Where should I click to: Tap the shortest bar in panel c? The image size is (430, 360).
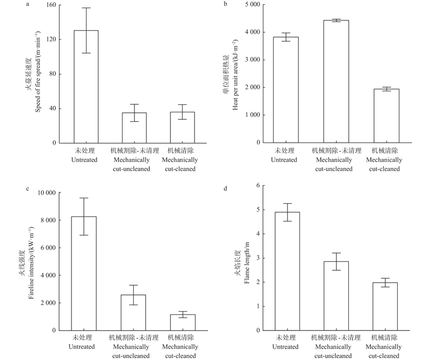tap(183, 322)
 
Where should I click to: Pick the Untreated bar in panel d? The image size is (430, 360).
tap(288, 271)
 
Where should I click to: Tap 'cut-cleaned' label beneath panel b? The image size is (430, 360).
tap(385, 169)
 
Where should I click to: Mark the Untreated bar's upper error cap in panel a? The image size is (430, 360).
tap(86, 8)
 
